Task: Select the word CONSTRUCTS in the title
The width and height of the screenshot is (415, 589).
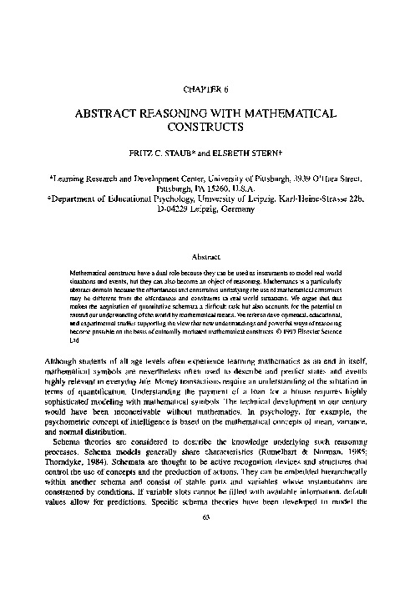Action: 207,128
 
